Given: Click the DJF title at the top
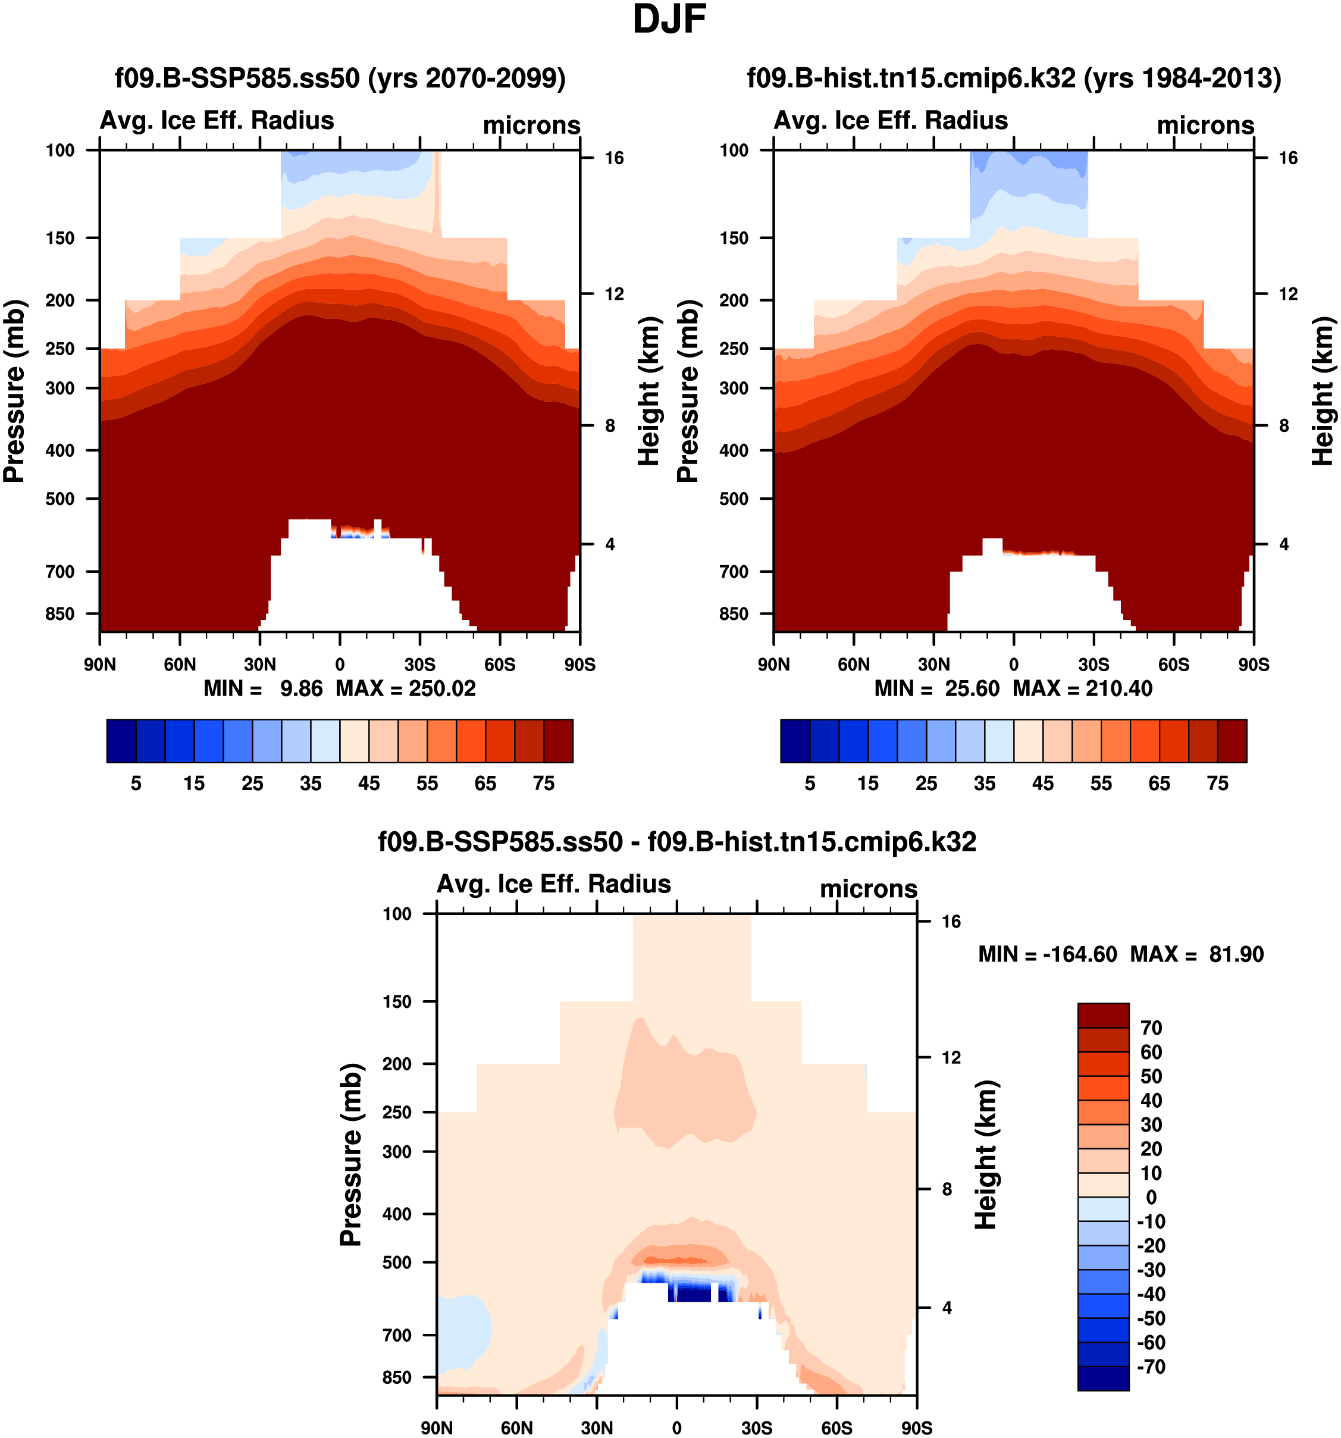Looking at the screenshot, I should point(669,20).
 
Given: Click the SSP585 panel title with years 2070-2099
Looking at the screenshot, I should point(340,78).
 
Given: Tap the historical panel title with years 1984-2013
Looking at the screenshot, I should point(1013,78).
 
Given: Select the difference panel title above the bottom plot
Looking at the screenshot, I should point(677,842).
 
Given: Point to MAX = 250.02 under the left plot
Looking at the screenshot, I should point(406,688).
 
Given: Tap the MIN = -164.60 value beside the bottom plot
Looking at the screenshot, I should point(1047,955).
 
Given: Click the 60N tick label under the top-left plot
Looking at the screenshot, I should point(180,665).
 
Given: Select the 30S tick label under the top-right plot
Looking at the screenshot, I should point(1094,665).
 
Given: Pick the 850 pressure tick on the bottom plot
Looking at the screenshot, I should point(396,1378).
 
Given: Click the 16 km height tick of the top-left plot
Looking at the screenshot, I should point(614,158).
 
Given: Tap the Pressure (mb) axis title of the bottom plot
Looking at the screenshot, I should point(351,1155).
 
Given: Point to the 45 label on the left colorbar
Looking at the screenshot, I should point(369,784).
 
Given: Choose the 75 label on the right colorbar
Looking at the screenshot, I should point(1217,784).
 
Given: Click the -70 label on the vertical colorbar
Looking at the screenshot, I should point(1151,1367).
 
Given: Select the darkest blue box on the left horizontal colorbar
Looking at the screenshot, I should point(121,741).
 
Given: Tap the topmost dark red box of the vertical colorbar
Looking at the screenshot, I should point(1103,1015).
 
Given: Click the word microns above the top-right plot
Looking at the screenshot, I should point(1205,125).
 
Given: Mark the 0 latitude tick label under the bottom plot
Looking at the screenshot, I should point(677,1428).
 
